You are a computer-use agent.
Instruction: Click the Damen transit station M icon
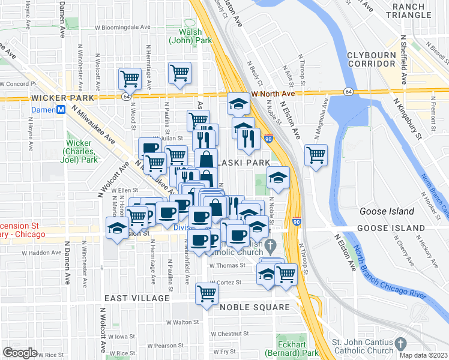coord(60,110)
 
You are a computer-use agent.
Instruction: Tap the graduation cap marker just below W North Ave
coord(238,103)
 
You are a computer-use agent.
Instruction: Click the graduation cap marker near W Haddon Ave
coord(116,228)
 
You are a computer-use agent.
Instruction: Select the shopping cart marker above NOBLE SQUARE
coord(206,293)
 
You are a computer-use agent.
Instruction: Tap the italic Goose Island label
coord(387,211)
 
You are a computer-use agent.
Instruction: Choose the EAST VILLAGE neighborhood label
coord(137,298)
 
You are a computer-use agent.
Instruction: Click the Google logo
coord(20,353)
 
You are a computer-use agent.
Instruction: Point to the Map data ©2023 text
coord(424,355)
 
